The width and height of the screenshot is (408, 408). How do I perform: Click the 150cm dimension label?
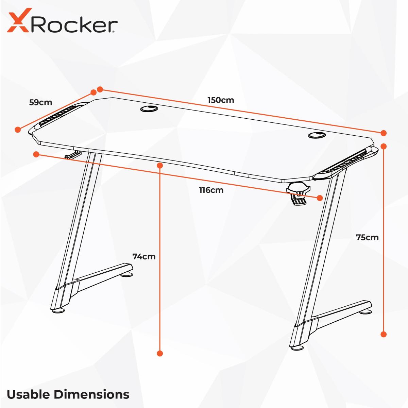(x=221, y=100)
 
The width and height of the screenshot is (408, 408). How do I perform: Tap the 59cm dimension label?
(x=40, y=102)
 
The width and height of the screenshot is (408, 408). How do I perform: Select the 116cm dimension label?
(x=211, y=190)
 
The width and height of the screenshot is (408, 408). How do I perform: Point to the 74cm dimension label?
(x=144, y=256)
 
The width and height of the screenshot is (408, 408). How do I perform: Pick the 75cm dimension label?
(x=367, y=237)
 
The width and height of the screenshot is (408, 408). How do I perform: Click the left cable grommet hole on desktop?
(x=149, y=108)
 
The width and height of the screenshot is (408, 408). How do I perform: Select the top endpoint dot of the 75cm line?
(x=384, y=146)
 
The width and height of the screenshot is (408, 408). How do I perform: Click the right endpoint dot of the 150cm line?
(x=384, y=133)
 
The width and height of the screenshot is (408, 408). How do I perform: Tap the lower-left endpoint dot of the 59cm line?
(x=18, y=130)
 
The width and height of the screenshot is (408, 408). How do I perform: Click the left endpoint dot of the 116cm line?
(x=36, y=154)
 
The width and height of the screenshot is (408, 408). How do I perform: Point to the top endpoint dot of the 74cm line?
(x=160, y=165)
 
